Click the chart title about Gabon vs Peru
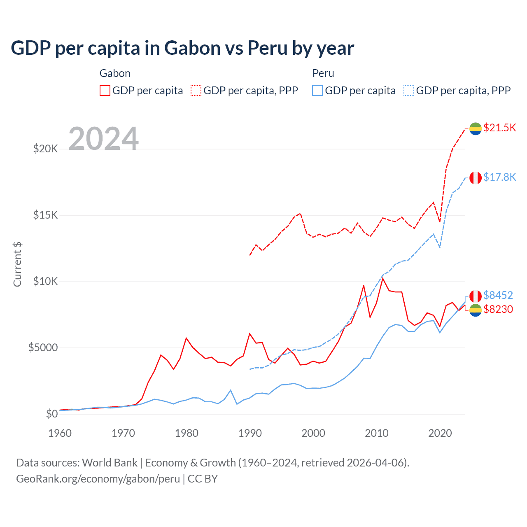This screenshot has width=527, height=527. [x=182, y=48]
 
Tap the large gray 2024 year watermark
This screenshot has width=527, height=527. [x=103, y=139]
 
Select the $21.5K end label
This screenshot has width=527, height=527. [x=499, y=128]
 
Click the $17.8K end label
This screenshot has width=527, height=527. [x=499, y=177]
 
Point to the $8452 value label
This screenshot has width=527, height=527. [x=498, y=295]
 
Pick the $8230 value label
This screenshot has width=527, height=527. [x=498, y=309]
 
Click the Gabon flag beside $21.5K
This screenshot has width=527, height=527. [x=476, y=128]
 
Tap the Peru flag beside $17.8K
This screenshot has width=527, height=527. [x=476, y=178]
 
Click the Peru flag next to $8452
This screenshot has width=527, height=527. [x=476, y=296]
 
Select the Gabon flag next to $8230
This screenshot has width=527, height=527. [x=476, y=310]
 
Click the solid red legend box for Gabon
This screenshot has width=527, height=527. [x=105, y=91]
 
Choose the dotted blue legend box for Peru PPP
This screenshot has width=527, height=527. [x=409, y=91]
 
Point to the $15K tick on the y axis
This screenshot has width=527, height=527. [x=45, y=215]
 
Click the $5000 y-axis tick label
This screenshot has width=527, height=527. [x=43, y=348]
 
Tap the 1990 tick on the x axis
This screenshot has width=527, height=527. [x=250, y=433]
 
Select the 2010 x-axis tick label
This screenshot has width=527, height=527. [x=377, y=433]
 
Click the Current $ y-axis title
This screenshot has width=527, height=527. [x=17, y=264]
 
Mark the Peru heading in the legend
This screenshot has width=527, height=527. [x=323, y=73]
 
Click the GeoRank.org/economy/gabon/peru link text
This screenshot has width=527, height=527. [x=98, y=479]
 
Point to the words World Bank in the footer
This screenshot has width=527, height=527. [x=110, y=463]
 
